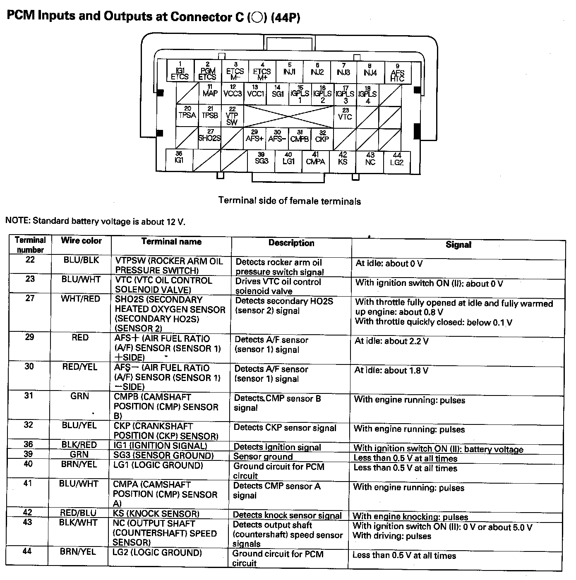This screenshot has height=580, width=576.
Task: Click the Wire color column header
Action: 81,241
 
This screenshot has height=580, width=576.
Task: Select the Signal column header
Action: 458,244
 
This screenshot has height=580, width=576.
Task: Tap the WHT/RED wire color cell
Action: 80,299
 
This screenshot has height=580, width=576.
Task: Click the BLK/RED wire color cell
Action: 79,445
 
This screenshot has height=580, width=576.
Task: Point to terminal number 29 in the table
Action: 29,337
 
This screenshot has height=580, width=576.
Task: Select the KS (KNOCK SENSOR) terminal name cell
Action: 156,514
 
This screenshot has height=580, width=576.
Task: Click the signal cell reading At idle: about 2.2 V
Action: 391,341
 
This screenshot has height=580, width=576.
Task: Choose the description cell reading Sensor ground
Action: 263,457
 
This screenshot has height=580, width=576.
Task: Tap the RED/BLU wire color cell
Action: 78,513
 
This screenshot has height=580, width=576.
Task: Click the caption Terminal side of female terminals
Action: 289,201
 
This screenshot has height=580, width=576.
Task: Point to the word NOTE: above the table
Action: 18,221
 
